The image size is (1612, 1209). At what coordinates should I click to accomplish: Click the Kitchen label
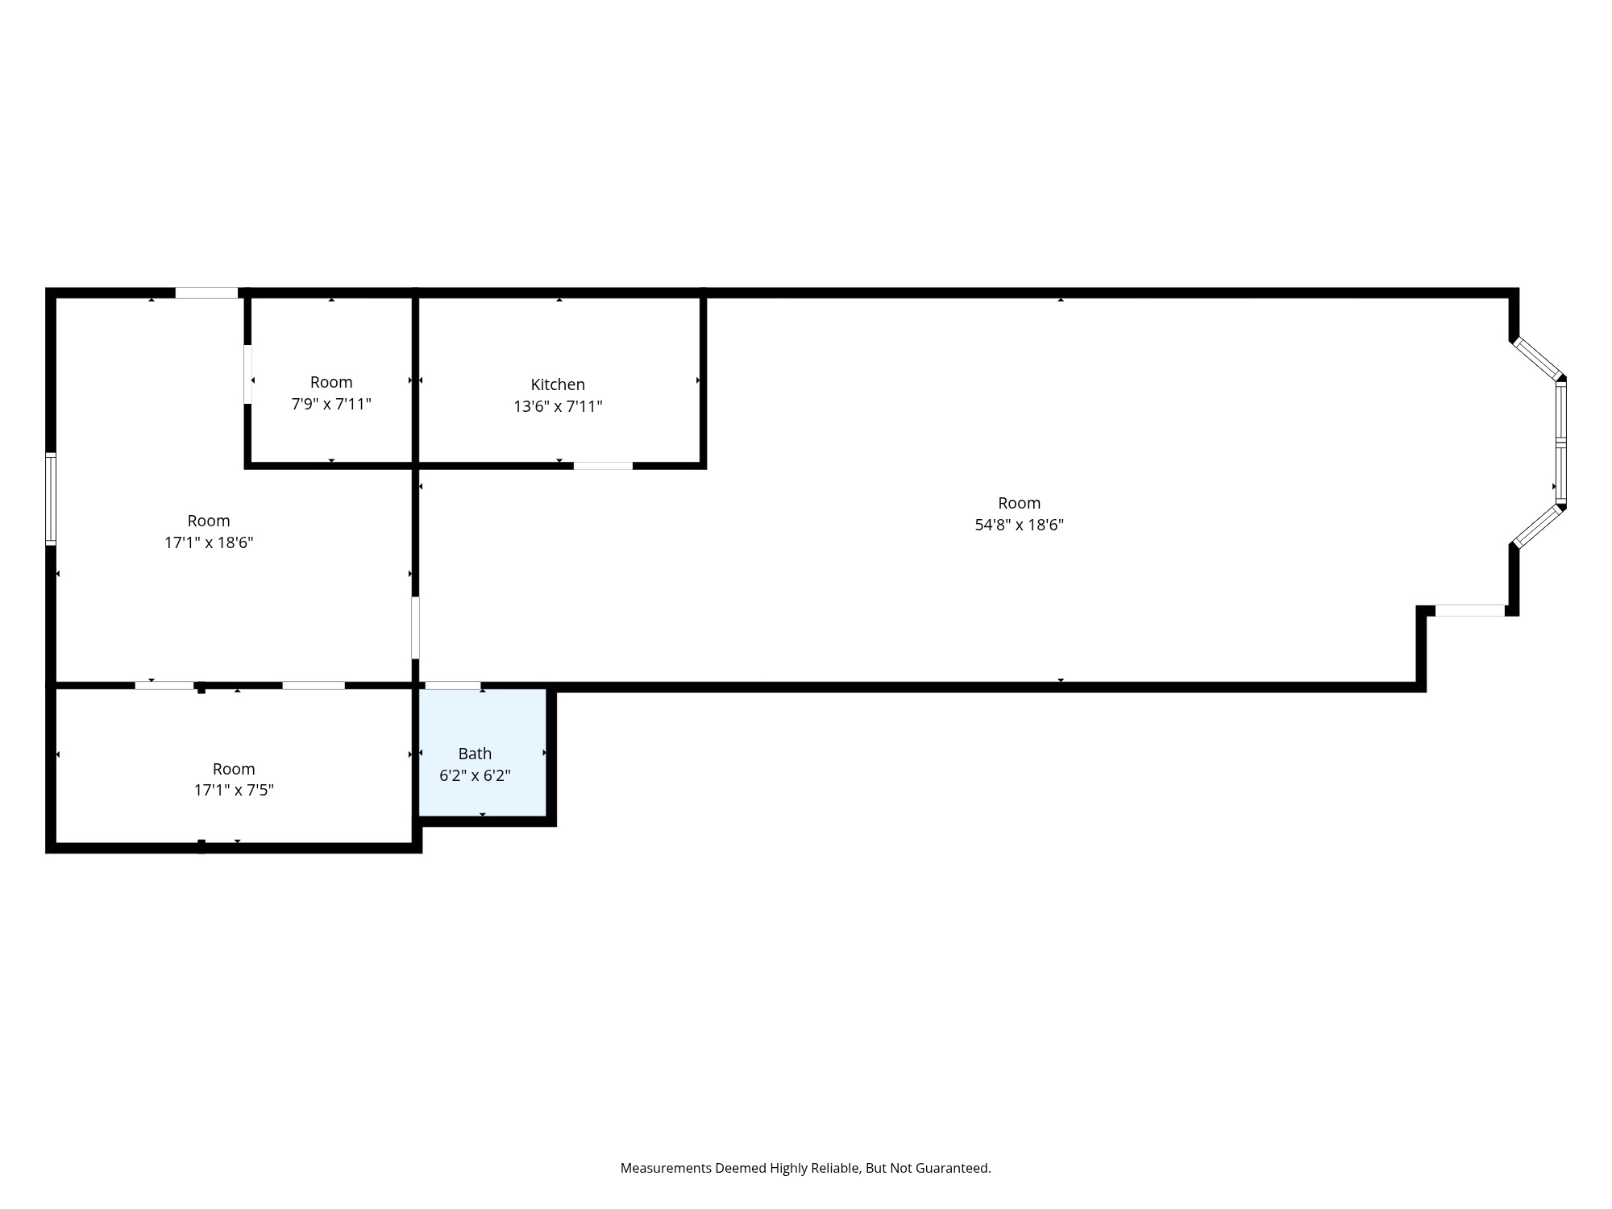[558, 384]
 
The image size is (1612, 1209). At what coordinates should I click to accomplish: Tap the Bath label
[475, 754]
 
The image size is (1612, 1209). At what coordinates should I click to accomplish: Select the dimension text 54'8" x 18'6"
[1019, 525]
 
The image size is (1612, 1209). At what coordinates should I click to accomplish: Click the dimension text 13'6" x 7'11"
[558, 406]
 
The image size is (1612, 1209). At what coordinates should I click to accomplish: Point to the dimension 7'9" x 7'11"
[331, 404]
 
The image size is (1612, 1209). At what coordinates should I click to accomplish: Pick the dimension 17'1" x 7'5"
[234, 790]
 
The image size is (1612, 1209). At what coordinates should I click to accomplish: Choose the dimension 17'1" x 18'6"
[209, 542]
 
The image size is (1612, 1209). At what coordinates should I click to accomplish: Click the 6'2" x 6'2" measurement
[475, 775]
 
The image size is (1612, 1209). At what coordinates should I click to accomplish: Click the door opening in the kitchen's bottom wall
[603, 465]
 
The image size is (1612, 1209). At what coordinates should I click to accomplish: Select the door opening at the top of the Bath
[453, 686]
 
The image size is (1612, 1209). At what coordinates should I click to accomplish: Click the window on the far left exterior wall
[51, 499]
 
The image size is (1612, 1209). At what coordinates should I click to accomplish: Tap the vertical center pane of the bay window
[1560, 442]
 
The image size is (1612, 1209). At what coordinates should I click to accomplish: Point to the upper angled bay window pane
[1537, 358]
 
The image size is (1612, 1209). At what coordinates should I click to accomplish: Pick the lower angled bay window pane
[1537, 527]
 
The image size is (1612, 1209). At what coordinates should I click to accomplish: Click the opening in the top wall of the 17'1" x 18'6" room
[206, 293]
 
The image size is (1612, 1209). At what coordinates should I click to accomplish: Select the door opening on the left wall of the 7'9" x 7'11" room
[248, 374]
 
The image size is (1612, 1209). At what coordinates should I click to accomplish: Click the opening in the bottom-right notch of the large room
[1469, 610]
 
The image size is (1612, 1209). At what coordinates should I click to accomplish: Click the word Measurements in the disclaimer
[666, 1168]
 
